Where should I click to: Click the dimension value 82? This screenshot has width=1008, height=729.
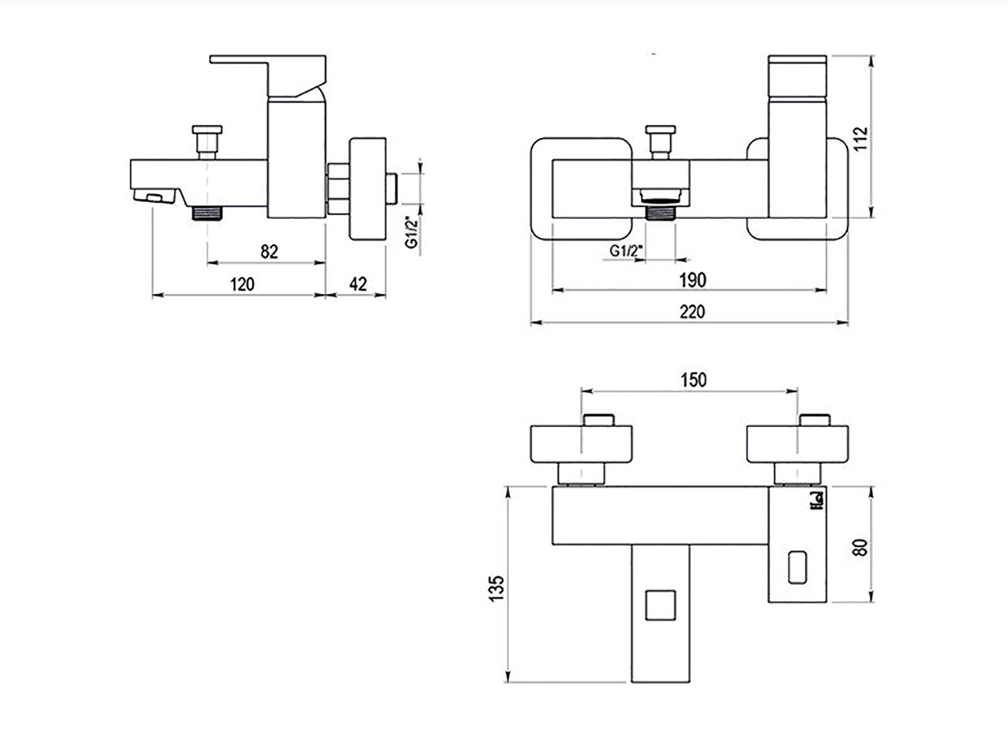269,252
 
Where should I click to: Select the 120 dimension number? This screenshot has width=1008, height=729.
242,284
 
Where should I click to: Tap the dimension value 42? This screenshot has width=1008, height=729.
358,284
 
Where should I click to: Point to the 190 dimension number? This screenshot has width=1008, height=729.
693,280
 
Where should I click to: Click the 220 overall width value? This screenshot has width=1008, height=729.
692,311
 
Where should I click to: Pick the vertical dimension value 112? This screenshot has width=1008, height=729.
860,139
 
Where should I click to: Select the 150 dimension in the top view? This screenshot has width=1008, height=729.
694,380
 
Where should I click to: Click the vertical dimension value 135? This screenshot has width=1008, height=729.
496,588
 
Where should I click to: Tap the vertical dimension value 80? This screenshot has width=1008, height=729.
860,547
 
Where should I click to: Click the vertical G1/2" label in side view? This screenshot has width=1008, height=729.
412,233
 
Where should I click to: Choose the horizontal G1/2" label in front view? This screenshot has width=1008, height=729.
626,251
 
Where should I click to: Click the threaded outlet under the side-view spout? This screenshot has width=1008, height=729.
207,213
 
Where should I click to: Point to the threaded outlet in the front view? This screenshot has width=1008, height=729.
660,213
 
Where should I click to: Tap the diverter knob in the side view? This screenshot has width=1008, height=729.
207,142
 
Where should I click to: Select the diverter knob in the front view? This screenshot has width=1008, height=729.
660,142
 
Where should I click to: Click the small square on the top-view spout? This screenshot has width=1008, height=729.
660,606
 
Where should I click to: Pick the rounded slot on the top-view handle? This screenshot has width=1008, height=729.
798,568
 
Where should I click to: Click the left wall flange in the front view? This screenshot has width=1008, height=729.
581,188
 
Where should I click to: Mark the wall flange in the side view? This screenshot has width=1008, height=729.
368,189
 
